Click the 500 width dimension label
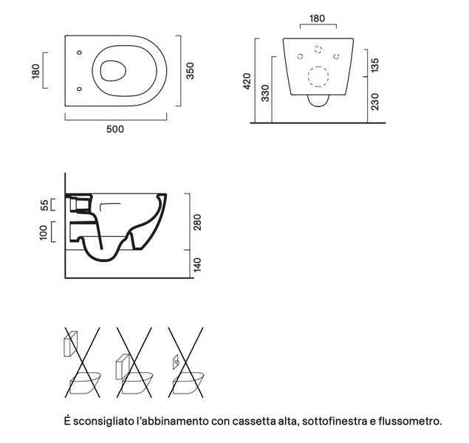tap(115, 129)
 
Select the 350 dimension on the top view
tap(191, 71)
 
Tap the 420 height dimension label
tap(247, 80)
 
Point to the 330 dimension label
tap(265, 93)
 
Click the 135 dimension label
tap(374, 65)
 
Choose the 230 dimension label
tap(374, 102)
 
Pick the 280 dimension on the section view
tap(197, 222)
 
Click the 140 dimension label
tap(197, 265)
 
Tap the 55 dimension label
tap(44, 205)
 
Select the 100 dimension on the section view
tap(44, 233)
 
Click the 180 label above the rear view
tap(317, 18)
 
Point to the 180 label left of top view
tap(35, 71)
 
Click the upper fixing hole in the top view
tap(79, 52)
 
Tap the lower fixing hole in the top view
tap(79, 89)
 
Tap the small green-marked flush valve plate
tap(176, 363)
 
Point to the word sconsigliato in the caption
tap(103, 422)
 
